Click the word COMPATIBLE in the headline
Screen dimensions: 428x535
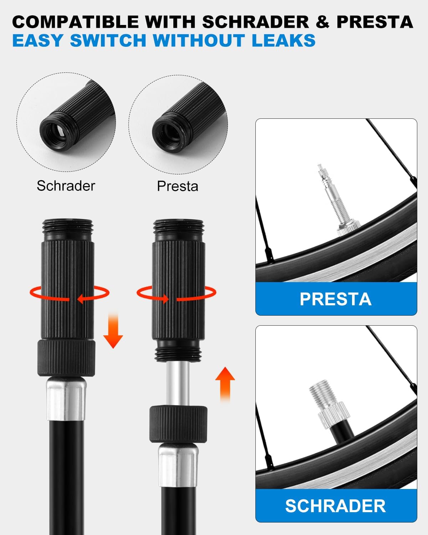[75, 22]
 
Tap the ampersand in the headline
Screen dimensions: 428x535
[322, 22]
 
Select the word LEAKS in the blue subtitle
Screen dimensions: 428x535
[284, 40]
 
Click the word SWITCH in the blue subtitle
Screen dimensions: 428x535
[108, 40]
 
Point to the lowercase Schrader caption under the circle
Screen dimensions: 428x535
[66, 186]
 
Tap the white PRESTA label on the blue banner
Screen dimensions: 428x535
[336, 299]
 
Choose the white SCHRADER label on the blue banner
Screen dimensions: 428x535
[336, 506]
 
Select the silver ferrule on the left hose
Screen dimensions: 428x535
[66, 399]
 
